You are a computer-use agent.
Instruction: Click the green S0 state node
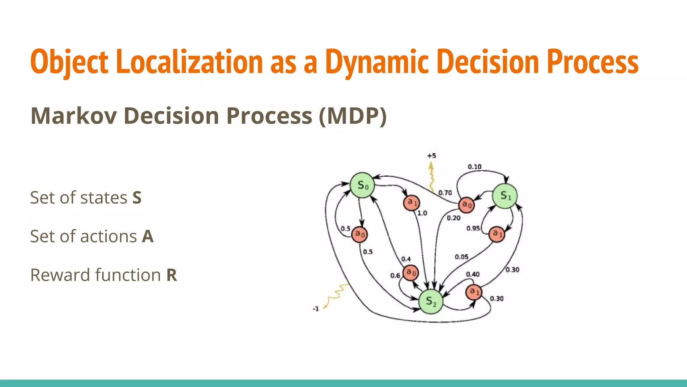[x=362, y=185]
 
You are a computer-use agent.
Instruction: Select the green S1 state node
[x=505, y=196]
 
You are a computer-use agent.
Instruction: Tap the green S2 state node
[x=431, y=301]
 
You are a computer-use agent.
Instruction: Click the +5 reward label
[x=431, y=156]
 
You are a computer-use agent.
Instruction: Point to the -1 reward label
[x=316, y=309]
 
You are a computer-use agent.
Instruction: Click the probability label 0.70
[x=445, y=193]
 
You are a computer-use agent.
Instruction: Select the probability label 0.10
[x=474, y=167]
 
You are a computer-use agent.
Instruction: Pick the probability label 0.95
[x=473, y=228]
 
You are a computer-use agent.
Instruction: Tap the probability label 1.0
[x=422, y=213]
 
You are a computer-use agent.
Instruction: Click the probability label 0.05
[x=462, y=257]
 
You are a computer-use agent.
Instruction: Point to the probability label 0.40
[x=473, y=274]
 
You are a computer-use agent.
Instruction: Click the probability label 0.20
[x=454, y=218]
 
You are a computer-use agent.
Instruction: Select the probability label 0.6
[x=395, y=275]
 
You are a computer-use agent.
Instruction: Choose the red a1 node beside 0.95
[x=497, y=234]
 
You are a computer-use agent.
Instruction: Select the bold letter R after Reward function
[x=171, y=275]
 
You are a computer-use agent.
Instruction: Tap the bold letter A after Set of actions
[x=148, y=236]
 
